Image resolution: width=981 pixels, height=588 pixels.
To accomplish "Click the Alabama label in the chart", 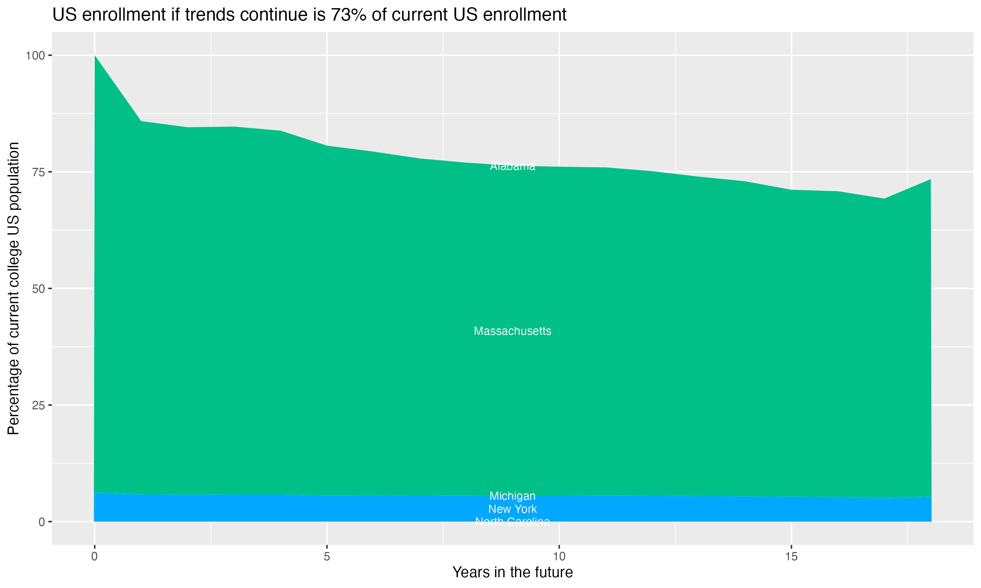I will tap(512, 166).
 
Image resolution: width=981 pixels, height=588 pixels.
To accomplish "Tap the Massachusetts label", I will tap(512, 331).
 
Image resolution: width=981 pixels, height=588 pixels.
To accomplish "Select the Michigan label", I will tap(512, 496).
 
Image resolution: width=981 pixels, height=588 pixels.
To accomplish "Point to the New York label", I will tap(512, 509).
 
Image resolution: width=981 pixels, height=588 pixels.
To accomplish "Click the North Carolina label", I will tap(512, 522).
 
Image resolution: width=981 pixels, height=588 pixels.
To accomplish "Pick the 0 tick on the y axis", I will tap(42, 522).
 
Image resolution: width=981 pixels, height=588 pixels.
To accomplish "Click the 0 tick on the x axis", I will tap(95, 557).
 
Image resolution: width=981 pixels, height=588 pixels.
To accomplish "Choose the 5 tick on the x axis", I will tap(327, 557).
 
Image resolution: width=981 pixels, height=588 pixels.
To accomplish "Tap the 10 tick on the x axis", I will tap(559, 557).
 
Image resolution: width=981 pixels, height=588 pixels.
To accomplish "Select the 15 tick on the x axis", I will tap(791, 557).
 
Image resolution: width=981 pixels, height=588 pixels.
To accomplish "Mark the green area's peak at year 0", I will tap(95, 56).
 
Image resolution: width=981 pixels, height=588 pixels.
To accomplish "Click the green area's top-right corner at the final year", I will tap(930, 179).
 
